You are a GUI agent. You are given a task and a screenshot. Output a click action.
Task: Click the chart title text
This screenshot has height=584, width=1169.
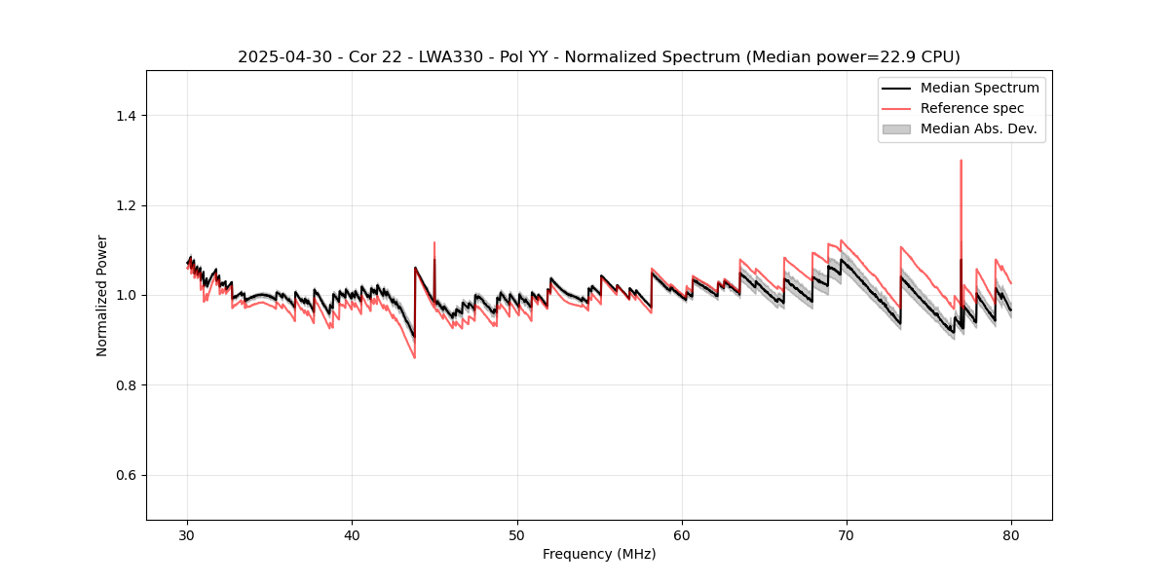(x=598, y=57)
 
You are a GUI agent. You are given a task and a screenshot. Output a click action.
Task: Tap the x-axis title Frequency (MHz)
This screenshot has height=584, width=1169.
(x=599, y=554)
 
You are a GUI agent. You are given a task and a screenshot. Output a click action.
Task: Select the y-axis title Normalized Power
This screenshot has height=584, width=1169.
(x=102, y=295)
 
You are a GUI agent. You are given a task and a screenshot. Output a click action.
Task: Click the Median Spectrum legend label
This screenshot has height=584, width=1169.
(x=979, y=88)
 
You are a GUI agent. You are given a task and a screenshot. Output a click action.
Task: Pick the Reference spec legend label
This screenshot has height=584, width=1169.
(x=971, y=108)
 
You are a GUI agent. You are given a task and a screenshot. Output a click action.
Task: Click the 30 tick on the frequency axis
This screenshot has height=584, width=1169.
(x=187, y=535)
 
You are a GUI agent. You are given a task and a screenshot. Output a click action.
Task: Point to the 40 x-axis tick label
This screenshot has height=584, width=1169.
(x=352, y=535)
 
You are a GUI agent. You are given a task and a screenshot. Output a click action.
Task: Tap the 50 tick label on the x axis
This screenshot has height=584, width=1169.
(x=516, y=535)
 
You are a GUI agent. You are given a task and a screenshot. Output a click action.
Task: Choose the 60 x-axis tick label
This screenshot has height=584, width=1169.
(x=682, y=535)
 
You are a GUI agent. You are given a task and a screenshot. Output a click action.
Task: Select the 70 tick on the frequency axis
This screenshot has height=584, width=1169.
(x=847, y=535)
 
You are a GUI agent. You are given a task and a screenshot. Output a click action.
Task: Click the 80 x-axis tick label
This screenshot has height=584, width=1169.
(x=1011, y=535)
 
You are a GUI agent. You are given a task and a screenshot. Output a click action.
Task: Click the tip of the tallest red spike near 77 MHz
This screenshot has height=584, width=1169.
(x=961, y=161)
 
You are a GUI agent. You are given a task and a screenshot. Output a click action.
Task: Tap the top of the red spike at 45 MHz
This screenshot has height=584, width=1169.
(x=434, y=242)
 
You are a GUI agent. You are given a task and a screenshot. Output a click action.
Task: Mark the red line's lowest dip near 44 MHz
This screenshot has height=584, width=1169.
(x=414, y=357)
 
